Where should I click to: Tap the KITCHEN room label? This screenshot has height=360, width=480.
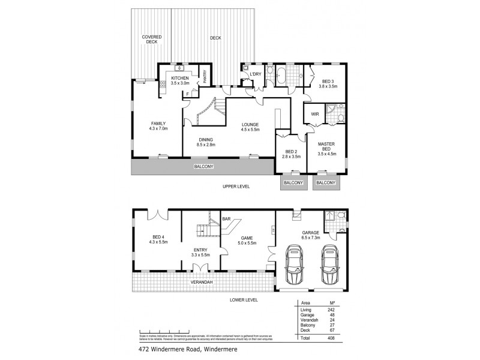(180, 79)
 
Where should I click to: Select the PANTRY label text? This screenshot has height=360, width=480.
(205, 77)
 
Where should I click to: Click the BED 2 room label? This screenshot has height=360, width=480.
(291, 152)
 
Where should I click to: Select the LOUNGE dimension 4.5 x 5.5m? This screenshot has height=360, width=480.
(250, 129)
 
